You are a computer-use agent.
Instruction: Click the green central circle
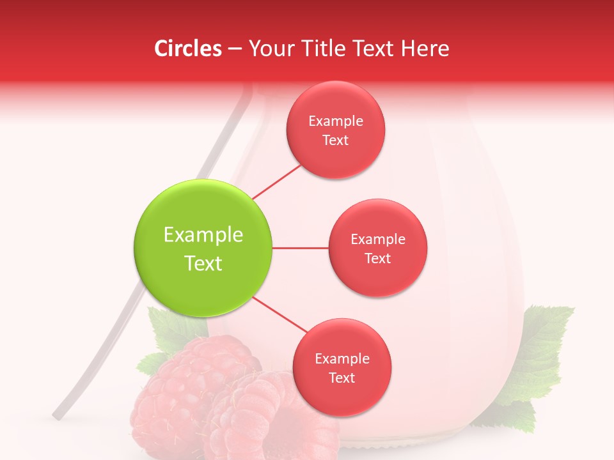pyautogui.click(x=203, y=248)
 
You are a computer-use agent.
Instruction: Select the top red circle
pyautogui.click(x=336, y=130)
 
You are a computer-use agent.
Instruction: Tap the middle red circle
pyautogui.click(x=378, y=248)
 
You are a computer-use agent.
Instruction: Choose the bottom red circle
pyautogui.click(x=342, y=367)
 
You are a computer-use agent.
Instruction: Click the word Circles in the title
pyautogui.click(x=187, y=49)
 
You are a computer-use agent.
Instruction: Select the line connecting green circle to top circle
pyautogui.click(x=277, y=182)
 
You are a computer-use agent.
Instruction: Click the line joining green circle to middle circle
pyautogui.click(x=301, y=248)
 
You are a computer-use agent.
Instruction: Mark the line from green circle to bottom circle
pyautogui.click(x=280, y=314)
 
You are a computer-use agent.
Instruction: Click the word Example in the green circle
pyautogui.click(x=203, y=235)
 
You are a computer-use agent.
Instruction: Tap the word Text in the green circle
pyautogui.click(x=203, y=263)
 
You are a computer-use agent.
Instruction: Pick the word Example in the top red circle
pyautogui.click(x=336, y=121)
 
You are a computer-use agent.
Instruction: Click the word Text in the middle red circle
pyautogui.click(x=378, y=258)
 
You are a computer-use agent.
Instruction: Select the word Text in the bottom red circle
pyautogui.click(x=342, y=378)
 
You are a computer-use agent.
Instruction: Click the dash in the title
pyautogui.click(x=234, y=49)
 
